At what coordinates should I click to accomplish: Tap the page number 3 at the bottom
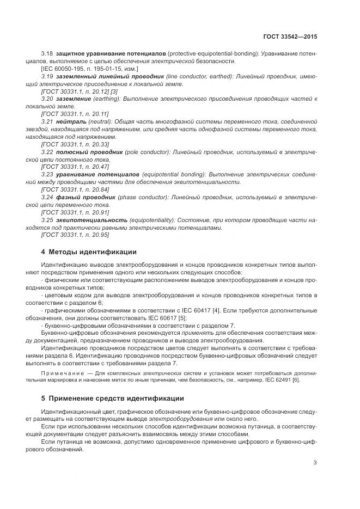click(315, 463)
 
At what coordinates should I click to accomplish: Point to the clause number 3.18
click(47, 54)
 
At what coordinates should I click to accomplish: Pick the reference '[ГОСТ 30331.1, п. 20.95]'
click(75, 235)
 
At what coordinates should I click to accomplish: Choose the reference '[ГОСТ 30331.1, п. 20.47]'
click(75, 166)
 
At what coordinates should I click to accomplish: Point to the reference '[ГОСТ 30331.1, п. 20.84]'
click(75, 189)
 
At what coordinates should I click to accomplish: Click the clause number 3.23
click(47, 174)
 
